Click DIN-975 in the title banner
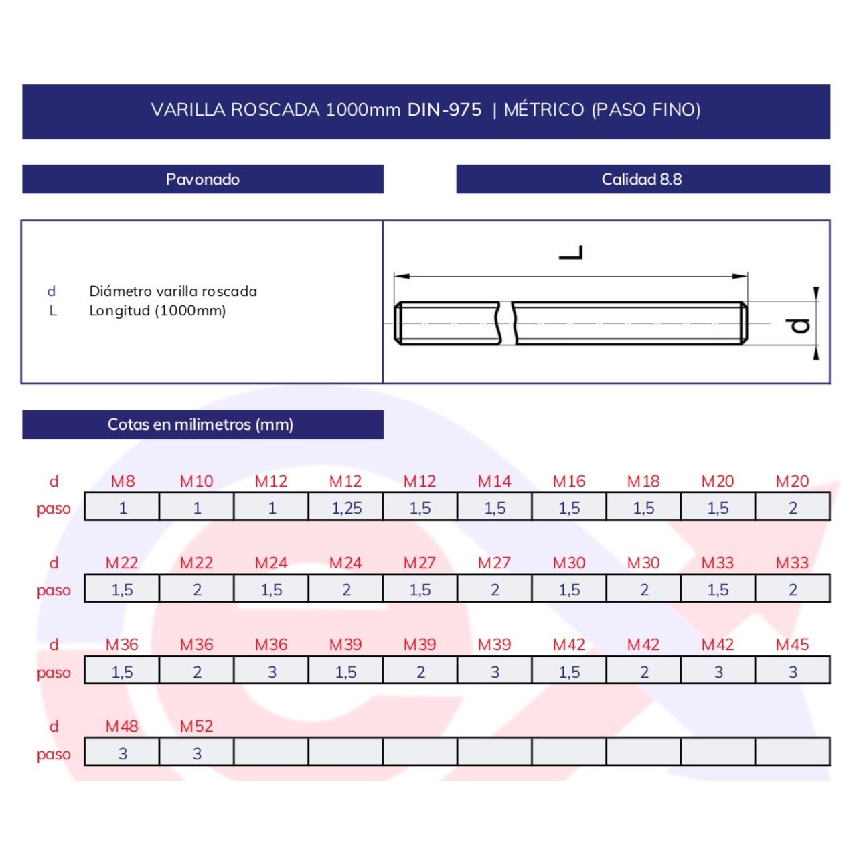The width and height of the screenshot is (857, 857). pyautogui.click(x=445, y=110)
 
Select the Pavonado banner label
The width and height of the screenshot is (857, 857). pyautogui.click(x=203, y=179)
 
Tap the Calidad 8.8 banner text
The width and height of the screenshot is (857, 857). pyautogui.click(x=641, y=179)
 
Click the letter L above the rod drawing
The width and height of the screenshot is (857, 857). pyautogui.click(x=570, y=252)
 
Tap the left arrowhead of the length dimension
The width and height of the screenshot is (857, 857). pyautogui.click(x=402, y=276)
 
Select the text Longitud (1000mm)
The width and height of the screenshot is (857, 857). pyautogui.click(x=157, y=311)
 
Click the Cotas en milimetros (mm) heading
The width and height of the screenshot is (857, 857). pyautogui.click(x=201, y=424)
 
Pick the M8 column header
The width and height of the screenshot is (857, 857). pyautogui.click(x=123, y=481)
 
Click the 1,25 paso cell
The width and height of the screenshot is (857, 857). pyautogui.click(x=345, y=507)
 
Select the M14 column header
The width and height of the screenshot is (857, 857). pyautogui.click(x=495, y=481)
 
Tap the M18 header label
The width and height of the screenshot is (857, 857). pyautogui.click(x=643, y=481)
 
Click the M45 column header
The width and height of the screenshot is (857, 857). pyautogui.click(x=793, y=645)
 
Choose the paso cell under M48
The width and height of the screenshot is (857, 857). pyautogui.click(x=122, y=753)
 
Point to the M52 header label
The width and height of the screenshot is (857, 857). pyautogui.click(x=197, y=726)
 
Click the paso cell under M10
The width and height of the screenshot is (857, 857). pyautogui.click(x=197, y=507)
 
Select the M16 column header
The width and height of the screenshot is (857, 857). pyautogui.click(x=569, y=481)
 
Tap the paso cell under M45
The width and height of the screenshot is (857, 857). pyautogui.click(x=793, y=671)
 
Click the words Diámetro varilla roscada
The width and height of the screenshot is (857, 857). pyautogui.click(x=173, y=291)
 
